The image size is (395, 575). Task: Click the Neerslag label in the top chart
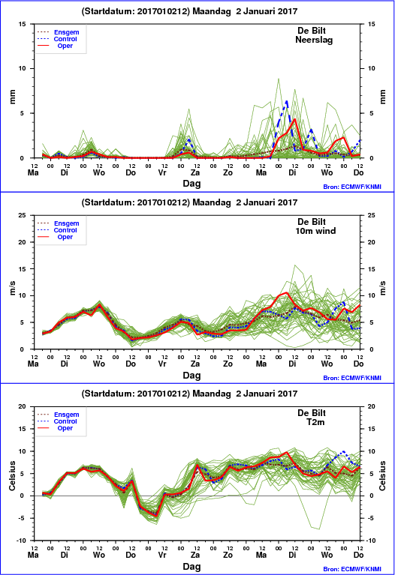tap(314, 40)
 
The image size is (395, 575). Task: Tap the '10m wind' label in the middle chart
tap(315, 231)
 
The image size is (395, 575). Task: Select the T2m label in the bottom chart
tap(315, 422)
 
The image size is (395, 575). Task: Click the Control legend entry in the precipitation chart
tap(65, 39)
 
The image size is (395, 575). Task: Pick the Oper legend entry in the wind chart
tap(65, 237)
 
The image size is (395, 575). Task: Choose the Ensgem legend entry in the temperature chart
tap(67, 415)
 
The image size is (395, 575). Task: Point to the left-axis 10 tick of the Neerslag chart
tap(22, 68)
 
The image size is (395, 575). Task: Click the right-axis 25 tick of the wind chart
tap(371, 215)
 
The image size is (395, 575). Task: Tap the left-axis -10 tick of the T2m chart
tap(21, 541)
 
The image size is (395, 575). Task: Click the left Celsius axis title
tap(12, 476)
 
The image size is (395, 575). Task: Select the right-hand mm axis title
tap(382, 97)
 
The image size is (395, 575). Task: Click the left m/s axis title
tap(12, 288)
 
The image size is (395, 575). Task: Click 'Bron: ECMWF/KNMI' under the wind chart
tap(352, 378)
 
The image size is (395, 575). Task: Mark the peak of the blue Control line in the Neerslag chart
tap(287, 101)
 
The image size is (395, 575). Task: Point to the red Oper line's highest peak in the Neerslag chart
tap(294, 118)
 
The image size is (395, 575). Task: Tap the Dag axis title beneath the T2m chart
tap(191, 567)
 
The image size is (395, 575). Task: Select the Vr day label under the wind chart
tap(162, 364)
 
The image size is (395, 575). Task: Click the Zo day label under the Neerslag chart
tap(228, 172)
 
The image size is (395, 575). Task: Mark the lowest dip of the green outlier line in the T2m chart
tap(319, 529)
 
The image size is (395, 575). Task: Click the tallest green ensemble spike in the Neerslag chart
tap(279, 79)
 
